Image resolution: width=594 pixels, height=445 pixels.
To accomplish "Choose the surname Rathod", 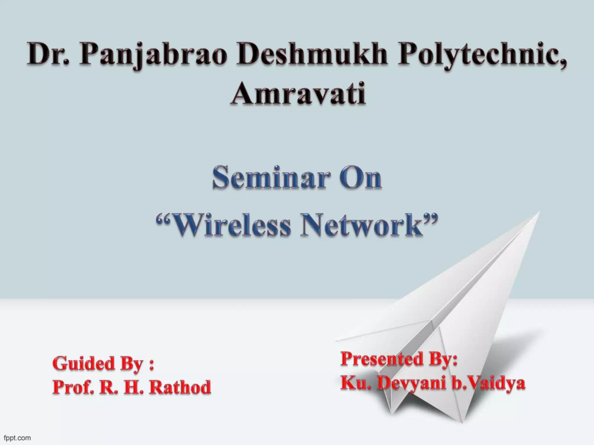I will point(180,387).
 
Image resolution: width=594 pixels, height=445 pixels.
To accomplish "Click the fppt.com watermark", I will point(17,438).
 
